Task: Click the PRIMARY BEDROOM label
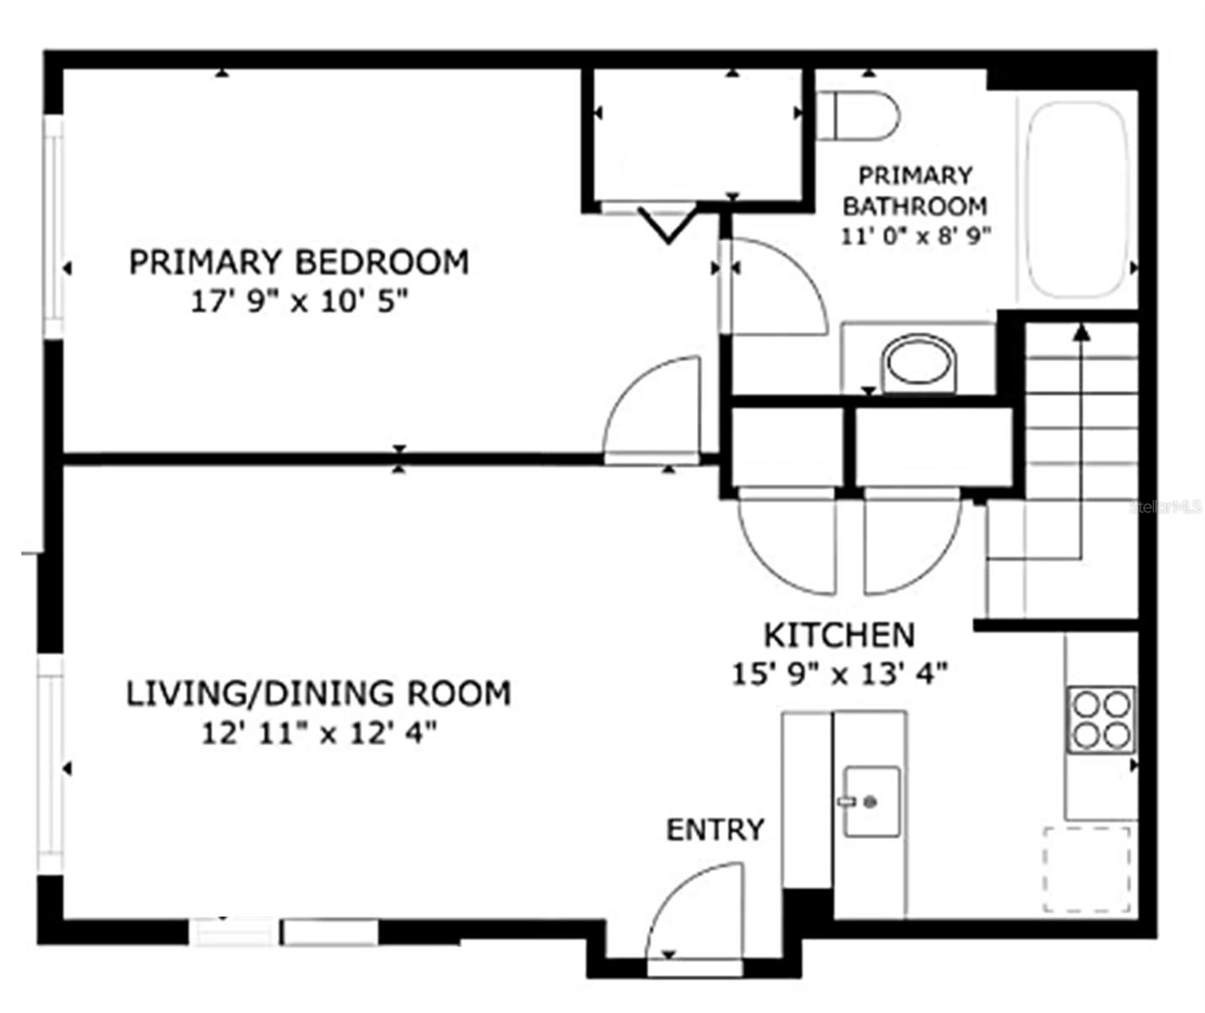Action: click(299, 262)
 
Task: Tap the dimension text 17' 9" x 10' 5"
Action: click(299, 301)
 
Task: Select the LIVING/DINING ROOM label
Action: click(318, 693)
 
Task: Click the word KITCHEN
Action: click(839, 635)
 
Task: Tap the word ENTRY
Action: click(715, 830)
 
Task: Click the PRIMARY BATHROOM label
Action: click(915, 191)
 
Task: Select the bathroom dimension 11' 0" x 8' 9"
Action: click(915, 236)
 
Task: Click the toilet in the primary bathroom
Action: click(861, 115)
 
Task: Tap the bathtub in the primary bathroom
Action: click(1076, 199)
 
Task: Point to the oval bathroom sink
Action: click(920, 363)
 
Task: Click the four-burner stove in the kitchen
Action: click(1100, 720)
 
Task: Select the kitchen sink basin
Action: click(872, 802)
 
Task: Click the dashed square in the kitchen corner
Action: click(1087, 869)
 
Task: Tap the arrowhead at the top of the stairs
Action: click(1081, 332)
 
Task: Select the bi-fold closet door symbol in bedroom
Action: click(667, 223)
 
